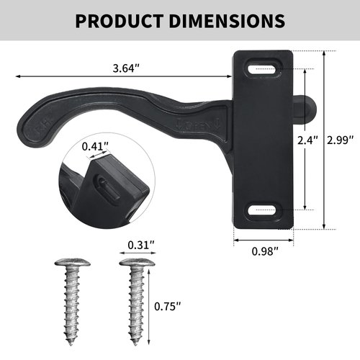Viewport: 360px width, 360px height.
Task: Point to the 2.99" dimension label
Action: (x=341, y=140)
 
